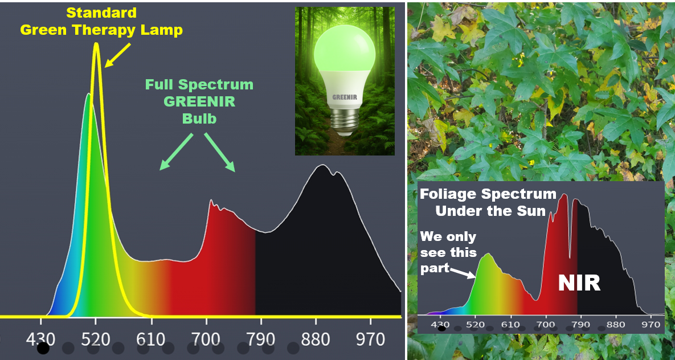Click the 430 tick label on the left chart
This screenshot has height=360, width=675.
[42, 340]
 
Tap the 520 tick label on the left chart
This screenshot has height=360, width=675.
[95, 340]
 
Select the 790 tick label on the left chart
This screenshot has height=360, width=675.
[261, 340]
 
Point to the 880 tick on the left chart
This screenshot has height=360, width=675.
[316, 340]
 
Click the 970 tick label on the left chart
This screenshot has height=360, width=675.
[370, 340]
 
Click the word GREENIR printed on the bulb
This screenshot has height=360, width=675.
[345, 97]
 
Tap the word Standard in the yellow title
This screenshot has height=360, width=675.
[101, 13]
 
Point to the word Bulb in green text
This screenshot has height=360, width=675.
[199, 119]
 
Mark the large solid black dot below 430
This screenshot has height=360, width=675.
[43, 348]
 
